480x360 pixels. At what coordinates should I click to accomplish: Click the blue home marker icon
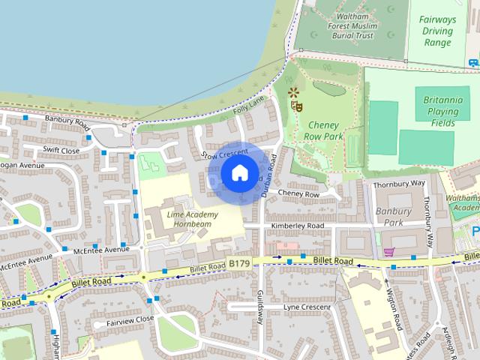[x=239, y=173]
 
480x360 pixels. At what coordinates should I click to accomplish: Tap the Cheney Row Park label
[x=323, y=130]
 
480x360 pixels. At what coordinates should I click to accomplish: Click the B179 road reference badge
[x=238, y=263]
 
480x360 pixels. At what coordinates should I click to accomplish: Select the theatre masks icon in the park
[x=297, y=107]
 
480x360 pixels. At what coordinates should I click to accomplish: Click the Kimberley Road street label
[x=298, y=226]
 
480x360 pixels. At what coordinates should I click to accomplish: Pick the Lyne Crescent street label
[x=307, y=307]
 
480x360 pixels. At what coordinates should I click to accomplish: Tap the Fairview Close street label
[x=130, y=319]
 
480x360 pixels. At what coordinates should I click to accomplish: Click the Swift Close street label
[x=61, y=150]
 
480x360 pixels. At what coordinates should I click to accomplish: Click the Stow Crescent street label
[x=225, y=154]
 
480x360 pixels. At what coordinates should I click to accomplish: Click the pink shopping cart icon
[x=388, y=251]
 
